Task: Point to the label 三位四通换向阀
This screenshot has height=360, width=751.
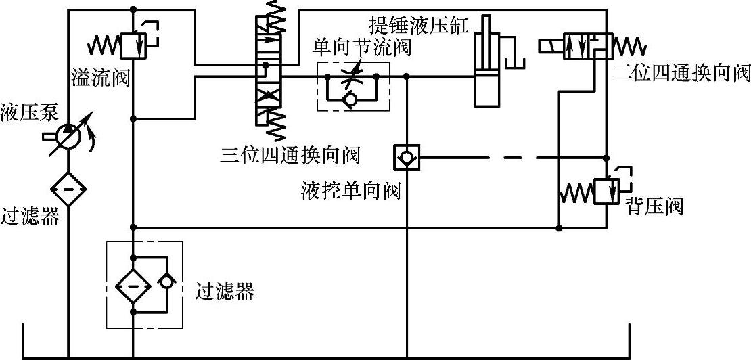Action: pyautogui.click(x=290, y=155)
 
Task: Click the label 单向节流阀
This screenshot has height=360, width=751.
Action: pyautogui.click(x=362, y=49)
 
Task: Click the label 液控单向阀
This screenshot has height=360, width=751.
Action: pyautogui.click(x=351, y=192)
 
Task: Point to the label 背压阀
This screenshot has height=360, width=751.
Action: pyautogui.click(x=654, y=206)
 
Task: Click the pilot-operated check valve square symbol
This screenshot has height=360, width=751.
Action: pyautogui.click(x=406, y=158)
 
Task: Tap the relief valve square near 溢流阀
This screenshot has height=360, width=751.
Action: pyautogui.click(x=133, y=46)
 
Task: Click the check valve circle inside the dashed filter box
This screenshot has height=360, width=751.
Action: pyautogui.click(x=164, y=281)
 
